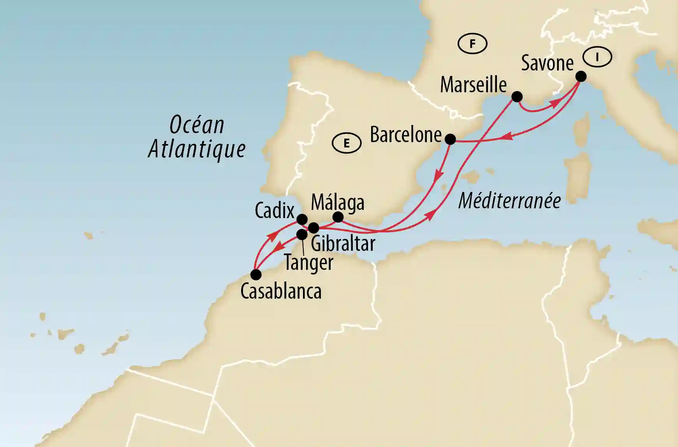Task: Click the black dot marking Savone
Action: (x=581, y=76)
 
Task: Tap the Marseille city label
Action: (x=473, y=85)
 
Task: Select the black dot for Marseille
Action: (x=517, y=97)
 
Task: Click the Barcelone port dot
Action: (x=450, y=139)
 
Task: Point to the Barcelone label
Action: (x=405, y=135)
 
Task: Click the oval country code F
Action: (x=472, y=44)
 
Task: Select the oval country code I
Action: (x=597, y=58)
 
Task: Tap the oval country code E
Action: (x=346, y=143)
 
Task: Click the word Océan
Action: (x=197, y=125)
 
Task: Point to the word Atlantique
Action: (x=197, y=149)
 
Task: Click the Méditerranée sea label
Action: (x=509, y=201)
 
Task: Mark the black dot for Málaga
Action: (x=338, y=217)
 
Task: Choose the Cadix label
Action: (x=275, y=211)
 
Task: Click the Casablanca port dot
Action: (x=255, y=275)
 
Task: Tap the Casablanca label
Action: (x=281, y=291)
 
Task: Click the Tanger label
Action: (x=308, y=262)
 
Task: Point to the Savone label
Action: (x=547, y=63)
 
